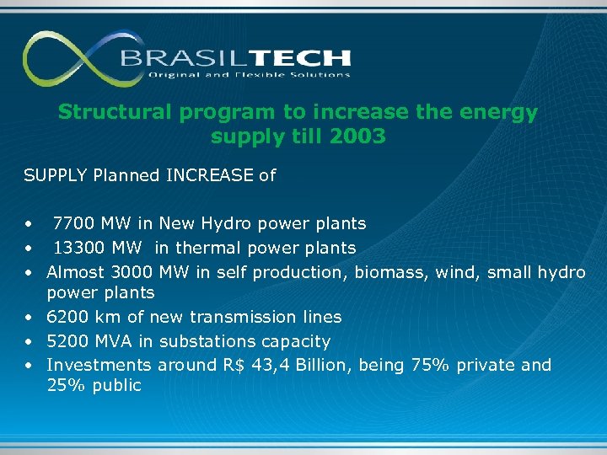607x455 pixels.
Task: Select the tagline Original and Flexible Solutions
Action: pyautogui.click(x=249, y=75)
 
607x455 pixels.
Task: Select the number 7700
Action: pyautogui.click(x=73, y=223)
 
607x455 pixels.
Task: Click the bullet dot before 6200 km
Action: pyautogui.click(x=29, y=318)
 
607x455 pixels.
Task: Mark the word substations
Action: pyautogui.click(x=207, y=341)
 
